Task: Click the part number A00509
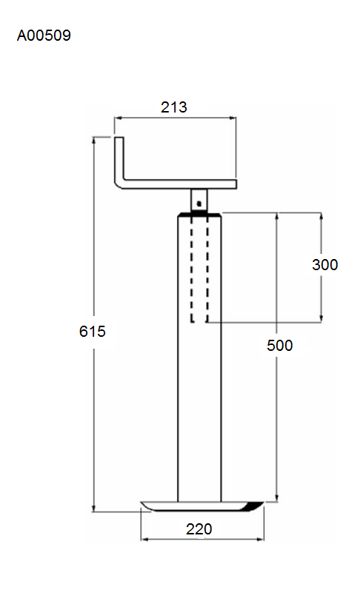(44, 36)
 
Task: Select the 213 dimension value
(174, 107)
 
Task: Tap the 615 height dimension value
(92, 332)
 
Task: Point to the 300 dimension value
(325, 265)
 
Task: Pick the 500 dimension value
(279, 345)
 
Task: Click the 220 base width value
(199, 529)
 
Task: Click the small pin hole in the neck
(199, 203)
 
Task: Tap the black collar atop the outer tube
(199, 214)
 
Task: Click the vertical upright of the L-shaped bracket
(119, 158)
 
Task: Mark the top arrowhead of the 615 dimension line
(93, 140)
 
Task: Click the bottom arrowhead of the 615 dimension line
(93, 509)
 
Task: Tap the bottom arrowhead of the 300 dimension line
(321, 318)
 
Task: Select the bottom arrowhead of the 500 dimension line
(277, 498)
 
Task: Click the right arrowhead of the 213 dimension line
(233, 118)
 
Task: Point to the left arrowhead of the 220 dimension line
(144, 539)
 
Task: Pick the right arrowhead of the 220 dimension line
(261, 539)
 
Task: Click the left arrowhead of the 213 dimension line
(118, 118)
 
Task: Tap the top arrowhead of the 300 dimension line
(321, 215)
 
